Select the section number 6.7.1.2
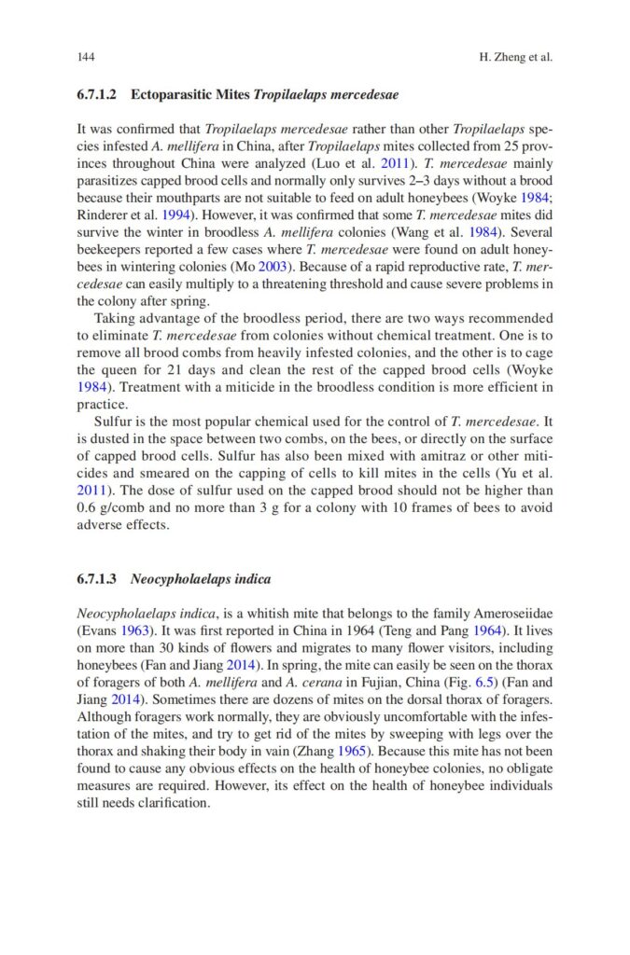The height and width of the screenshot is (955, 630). click(x=96, y=95)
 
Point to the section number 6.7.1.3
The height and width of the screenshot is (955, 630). click(x=96, y=579)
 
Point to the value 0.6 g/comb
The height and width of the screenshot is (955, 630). click(x=106, y=507)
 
